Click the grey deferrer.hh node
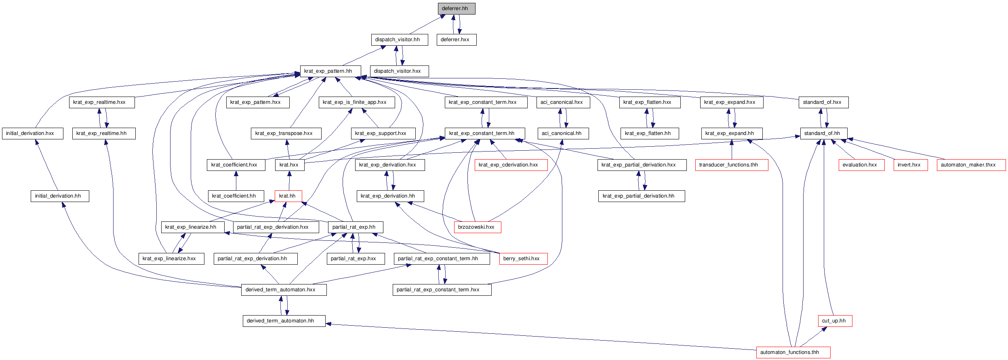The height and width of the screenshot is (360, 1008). click(457, 8)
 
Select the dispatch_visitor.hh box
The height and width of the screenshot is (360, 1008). click(400, 40)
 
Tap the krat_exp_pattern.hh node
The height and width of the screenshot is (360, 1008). click(330, 71)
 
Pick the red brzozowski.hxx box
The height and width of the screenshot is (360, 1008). click(478, 227)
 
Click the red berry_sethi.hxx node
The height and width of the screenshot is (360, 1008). click(524, 259)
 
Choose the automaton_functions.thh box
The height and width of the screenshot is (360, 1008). click(793, 352)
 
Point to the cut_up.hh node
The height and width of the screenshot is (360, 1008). click(835, 321)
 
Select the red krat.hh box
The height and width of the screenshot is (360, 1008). click(288, 196)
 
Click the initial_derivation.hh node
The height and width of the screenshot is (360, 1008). click(60, 196)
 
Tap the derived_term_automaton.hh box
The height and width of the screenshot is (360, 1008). click(284, 321)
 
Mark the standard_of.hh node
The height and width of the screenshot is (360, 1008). click(824, 133)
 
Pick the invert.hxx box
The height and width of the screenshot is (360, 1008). click(911, 165)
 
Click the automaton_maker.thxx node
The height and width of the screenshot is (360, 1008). click(971, 165)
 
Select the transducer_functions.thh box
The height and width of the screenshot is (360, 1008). click(732, 165)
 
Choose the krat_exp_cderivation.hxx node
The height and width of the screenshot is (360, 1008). click(511, 165)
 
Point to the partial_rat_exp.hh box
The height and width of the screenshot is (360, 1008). click(356, 227)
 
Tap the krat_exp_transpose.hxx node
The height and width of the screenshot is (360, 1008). click(286, 133)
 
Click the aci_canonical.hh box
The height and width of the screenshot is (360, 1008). click(563, 133)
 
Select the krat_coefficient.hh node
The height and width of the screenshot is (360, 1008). click(236, 196)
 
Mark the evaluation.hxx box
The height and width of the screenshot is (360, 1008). click(861, 165)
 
